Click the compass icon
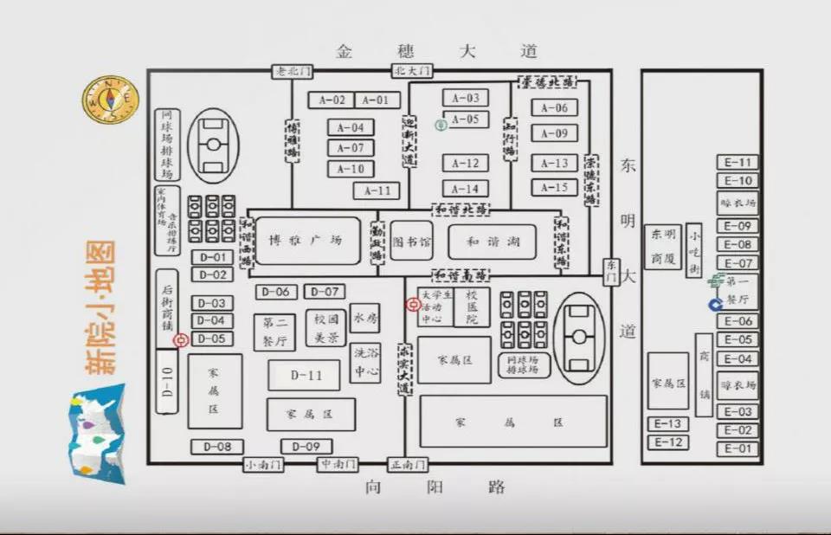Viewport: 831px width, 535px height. tap(111, 99)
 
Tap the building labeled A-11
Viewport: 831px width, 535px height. tap(377, 190)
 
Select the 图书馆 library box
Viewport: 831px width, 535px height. tap(411, 242)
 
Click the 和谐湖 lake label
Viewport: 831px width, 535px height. tap(490, 242)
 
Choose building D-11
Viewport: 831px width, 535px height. tap(306, 376)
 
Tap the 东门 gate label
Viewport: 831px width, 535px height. tap(611, 271)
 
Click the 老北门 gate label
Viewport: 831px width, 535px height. tap(292, 70)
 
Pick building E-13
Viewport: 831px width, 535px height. tap(667, 424)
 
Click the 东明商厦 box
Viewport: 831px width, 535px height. tap(663, 247)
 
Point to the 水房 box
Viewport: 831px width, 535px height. tap(365, 318)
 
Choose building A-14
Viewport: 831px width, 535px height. tap(466, 189)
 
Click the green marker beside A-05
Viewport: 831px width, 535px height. tap(441, 125)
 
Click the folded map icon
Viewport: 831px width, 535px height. tap(96, 432)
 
